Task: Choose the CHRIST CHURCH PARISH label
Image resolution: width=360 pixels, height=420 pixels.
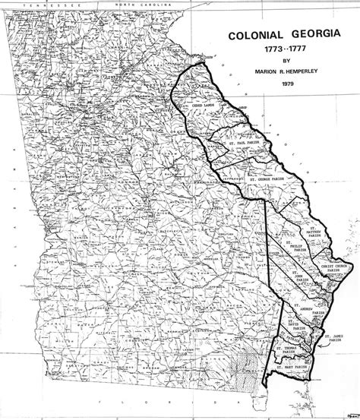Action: pos(335,267)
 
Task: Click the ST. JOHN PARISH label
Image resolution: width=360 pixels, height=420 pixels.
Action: pos(298,279)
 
